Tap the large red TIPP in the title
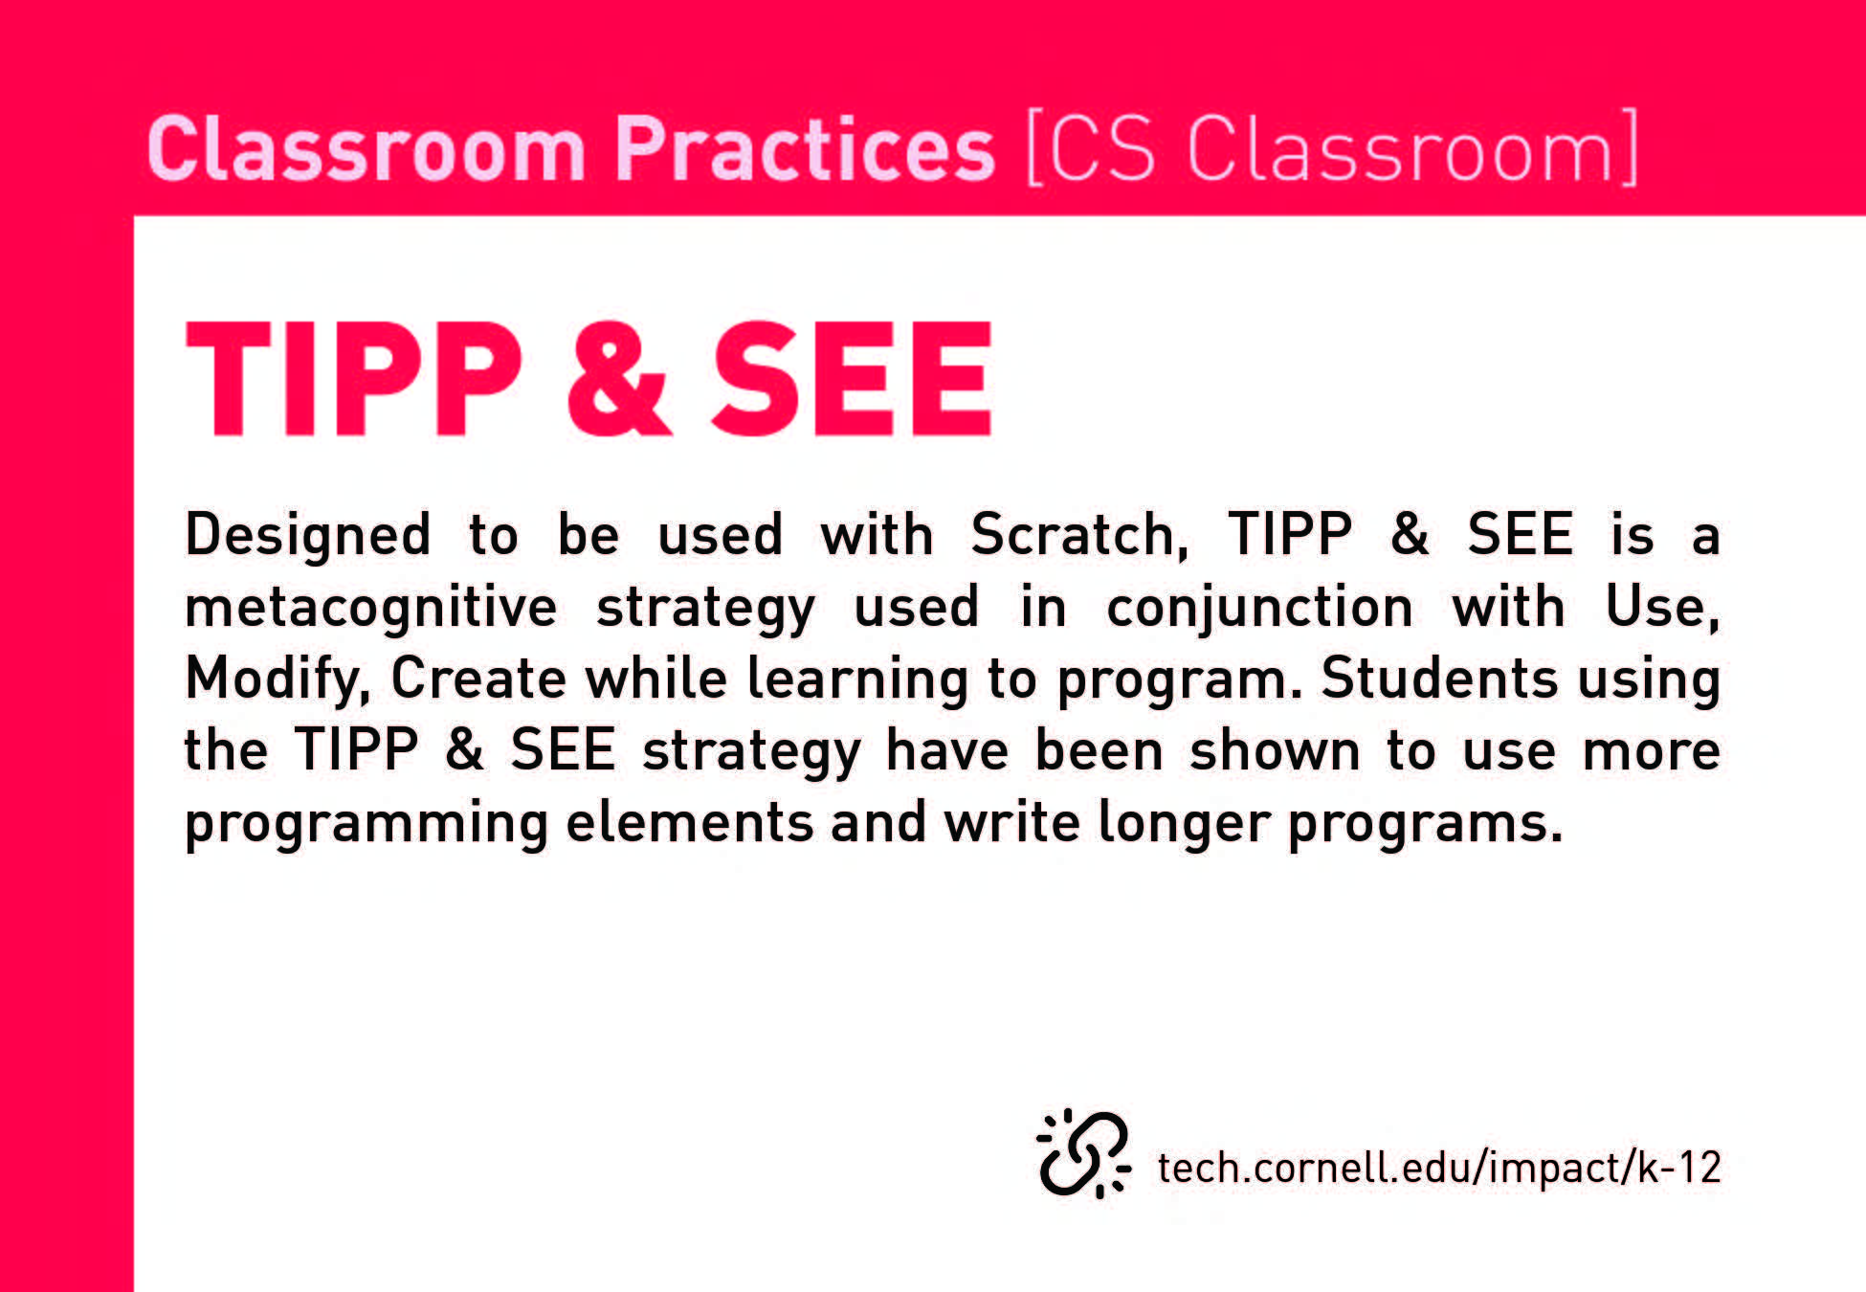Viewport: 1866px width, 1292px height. click(x=354, y=379)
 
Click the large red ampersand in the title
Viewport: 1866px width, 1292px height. click(x=618, y=379)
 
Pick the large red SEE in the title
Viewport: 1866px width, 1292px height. click(x=852, y=379)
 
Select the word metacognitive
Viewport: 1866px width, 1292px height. click(x=370, y=608)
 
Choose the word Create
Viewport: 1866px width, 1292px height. click(x=478, y=679)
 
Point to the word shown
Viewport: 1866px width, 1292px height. click(x=1275, y=750)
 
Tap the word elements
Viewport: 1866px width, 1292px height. click(x=689, y=822)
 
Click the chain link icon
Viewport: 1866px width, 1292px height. click(x=1083, y=1153)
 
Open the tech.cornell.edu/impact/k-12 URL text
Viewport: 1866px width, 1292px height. click(x=1439, y=1168)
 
